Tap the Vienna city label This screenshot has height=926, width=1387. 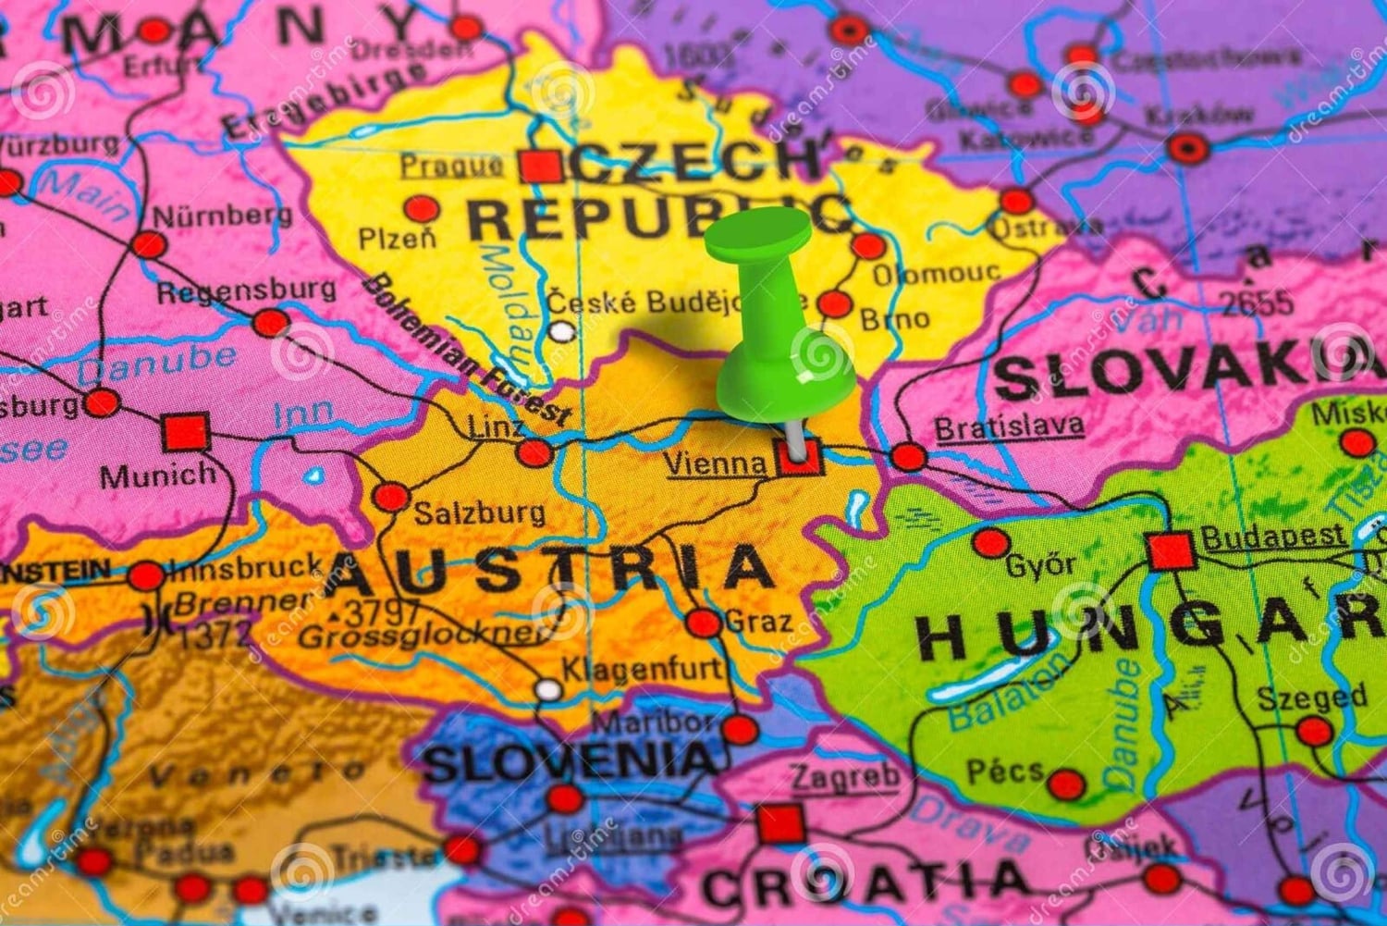click(716, 463)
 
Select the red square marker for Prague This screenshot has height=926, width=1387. click(540, 167)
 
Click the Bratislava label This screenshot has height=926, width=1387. click(1009, 427)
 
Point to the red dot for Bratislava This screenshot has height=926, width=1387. click(908, 456)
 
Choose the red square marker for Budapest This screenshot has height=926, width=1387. click(1171, 551)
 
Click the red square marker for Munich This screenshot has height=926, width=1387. click(186, 432)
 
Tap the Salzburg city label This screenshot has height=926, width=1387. click(478, 512)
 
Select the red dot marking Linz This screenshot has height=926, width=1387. click(534, 452)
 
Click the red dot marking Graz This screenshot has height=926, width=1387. click(704, 623)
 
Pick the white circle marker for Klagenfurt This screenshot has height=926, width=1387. click(548, 690)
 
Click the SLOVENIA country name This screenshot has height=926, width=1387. click(570, 762)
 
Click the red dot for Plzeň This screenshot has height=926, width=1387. click(422, 208)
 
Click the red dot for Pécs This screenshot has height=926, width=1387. click(1066, 784)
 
